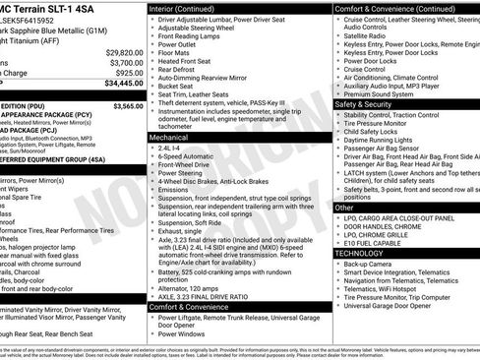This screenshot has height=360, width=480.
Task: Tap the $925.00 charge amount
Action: [x=128, y=73]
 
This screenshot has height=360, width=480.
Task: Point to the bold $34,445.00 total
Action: [x=123, y=85]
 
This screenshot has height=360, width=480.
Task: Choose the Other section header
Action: [x=345, y=208]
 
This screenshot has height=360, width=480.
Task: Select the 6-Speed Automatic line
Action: [x=192, y=157]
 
